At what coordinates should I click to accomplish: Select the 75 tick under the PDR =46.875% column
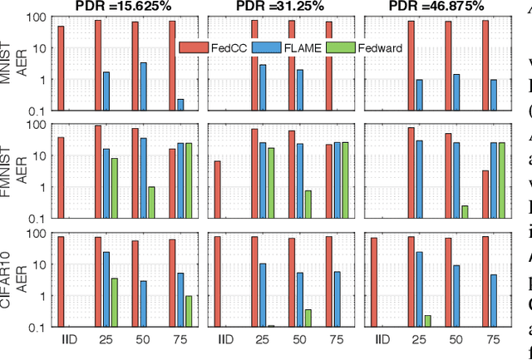click(492, 339)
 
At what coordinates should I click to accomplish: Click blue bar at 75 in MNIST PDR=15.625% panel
click(180, 105)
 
